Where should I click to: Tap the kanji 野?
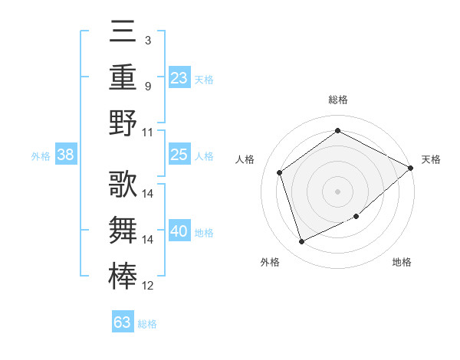123,123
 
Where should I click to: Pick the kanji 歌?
123,184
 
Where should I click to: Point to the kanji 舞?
123,229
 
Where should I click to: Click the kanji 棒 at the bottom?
123,274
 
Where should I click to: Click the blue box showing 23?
179,77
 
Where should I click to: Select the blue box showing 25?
179,155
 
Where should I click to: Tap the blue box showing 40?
179,231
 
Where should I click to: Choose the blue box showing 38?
66,155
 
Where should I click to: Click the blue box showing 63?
123,322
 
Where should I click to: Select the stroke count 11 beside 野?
149,132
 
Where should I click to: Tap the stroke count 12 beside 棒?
149,286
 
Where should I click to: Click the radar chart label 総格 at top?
338,100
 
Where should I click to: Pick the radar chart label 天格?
432,159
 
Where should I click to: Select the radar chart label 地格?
402,263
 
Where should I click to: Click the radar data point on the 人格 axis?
280,172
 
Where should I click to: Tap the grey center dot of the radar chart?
338,191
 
